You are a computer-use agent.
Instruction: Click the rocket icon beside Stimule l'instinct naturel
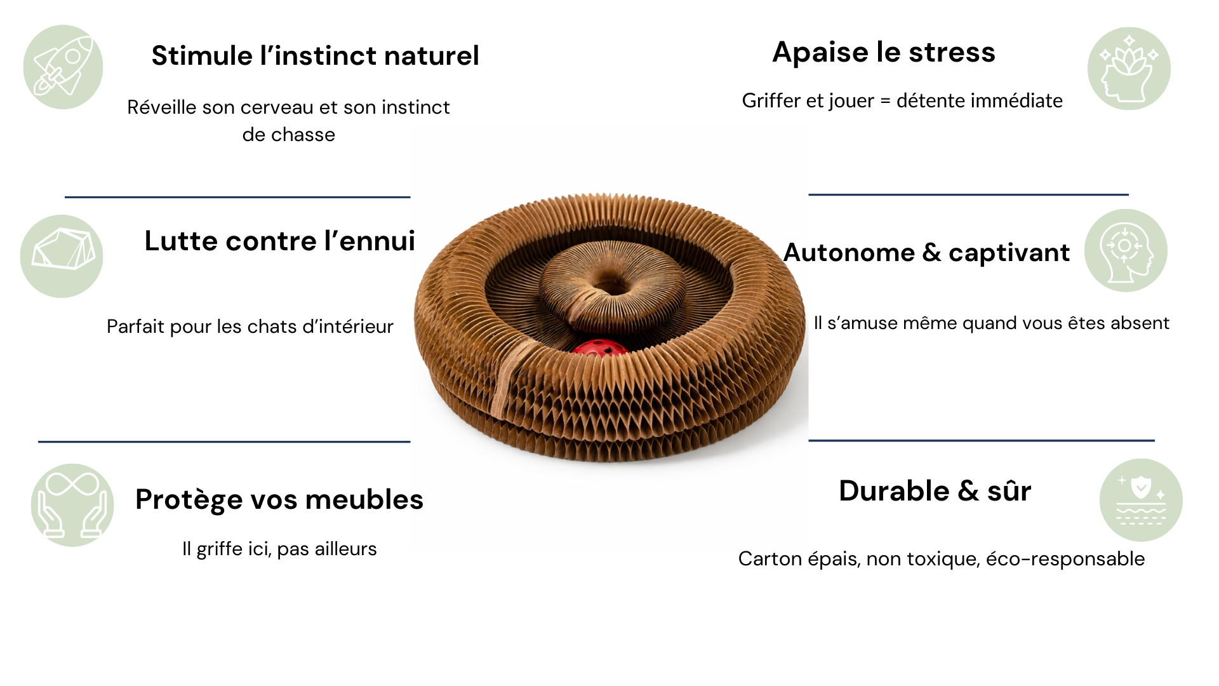coord(63,67)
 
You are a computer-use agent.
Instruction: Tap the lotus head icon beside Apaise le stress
coord(1129,69)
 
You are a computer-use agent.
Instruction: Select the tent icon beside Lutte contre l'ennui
coord(62,256)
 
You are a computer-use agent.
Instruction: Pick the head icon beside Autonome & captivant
coord(1126,250)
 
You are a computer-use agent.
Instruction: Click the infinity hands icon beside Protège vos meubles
coord(72,505)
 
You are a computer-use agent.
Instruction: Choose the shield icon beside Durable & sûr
coord(1141,500)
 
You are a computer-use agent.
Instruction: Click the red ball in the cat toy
coord(599,348)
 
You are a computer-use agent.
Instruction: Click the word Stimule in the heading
coord(202,56)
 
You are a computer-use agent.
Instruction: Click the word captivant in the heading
coord(1009,253)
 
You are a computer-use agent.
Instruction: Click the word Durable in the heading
coord(894,491)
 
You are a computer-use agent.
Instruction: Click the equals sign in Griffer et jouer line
coord(885,101)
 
